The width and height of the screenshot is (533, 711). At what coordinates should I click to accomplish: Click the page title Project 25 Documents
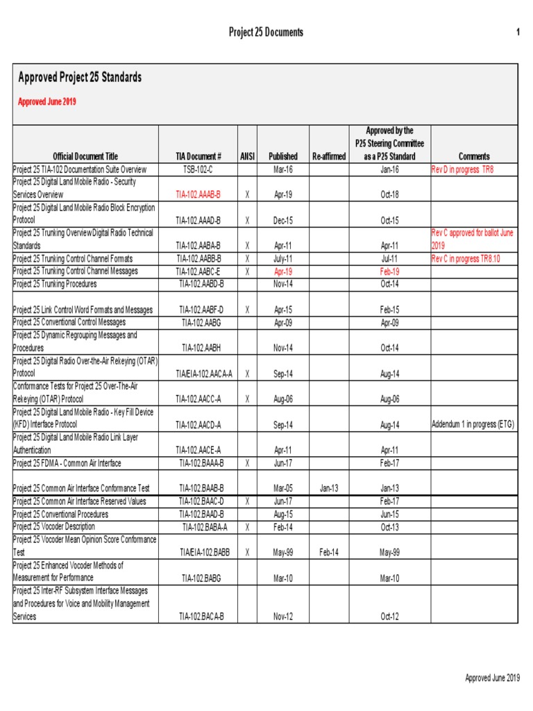pos(266,33)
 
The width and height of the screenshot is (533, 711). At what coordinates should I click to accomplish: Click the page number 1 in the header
pos(517,33)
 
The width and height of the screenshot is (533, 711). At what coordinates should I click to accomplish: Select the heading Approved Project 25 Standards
pos(80,77)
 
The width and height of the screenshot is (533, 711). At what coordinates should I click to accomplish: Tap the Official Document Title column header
pos(85,156)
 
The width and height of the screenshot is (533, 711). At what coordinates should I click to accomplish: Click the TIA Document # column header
pos(198,156)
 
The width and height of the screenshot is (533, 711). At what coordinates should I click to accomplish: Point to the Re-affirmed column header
pos(329,156)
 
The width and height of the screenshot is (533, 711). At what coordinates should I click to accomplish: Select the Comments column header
pos(474,156)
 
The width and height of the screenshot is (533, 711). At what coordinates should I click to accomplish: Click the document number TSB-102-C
pos(198,169)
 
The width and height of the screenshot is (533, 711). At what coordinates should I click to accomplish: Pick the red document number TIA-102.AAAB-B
pos(198,195)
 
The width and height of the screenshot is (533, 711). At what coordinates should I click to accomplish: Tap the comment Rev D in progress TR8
pos(463,169)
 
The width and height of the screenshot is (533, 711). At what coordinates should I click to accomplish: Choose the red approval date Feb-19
pos(390,271)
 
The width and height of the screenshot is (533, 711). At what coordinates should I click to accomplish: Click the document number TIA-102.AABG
pos(201,322)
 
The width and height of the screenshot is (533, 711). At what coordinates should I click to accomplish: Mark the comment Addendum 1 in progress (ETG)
pos(473,424)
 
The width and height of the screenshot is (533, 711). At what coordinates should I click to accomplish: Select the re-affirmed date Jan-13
pos(329,488)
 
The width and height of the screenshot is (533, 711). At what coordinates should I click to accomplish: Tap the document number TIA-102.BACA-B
pos(201,616)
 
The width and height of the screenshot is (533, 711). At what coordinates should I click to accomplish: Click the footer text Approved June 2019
pos(492,678)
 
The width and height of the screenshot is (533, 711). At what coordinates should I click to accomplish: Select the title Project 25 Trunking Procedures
pos(55,284)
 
